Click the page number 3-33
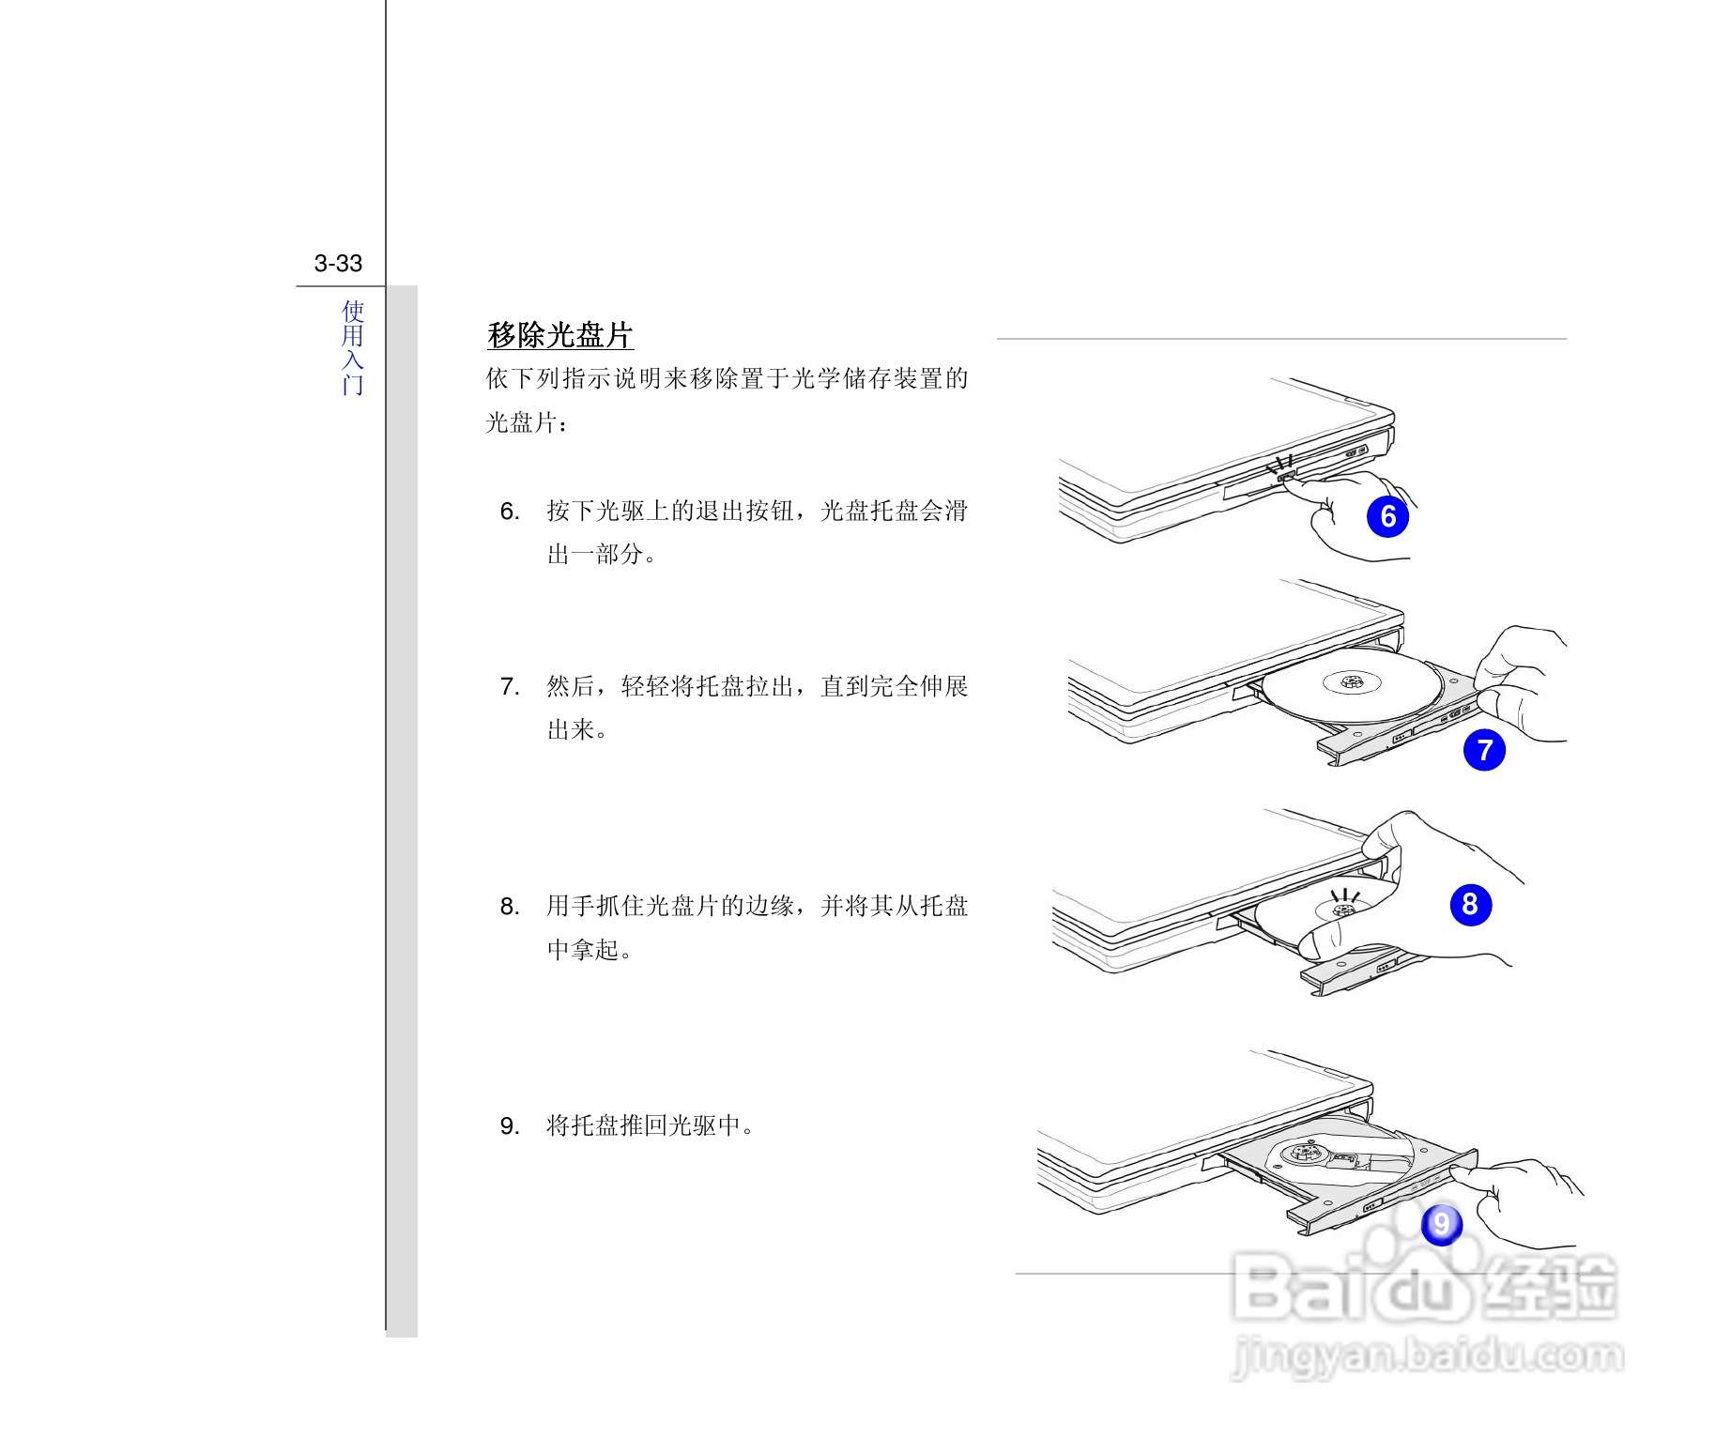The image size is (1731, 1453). [x=338, y=264]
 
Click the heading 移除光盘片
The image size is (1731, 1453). [x=560, y=335]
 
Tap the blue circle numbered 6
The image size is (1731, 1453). [x=1387, y=516]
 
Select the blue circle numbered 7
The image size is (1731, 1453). [x=1484, y=750]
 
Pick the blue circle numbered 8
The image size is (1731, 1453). [x=1470, y=905]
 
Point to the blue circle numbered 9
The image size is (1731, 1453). [x=1442, y=1224]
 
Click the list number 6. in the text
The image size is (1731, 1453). [x=510, y=512]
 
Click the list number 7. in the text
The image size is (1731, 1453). [x=510, y=687]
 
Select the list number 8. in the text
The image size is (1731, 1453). [x=510, y=907]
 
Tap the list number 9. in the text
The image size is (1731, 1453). [x=510, y=1126]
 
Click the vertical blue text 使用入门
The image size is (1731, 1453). [x=352, y=347]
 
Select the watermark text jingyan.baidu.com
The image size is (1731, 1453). [x=1427, y=1355]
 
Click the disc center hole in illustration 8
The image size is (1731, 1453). [x=1343, y=909]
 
